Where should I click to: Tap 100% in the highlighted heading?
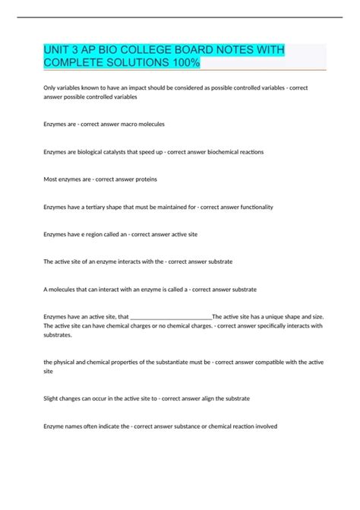[x=185, y=63]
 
